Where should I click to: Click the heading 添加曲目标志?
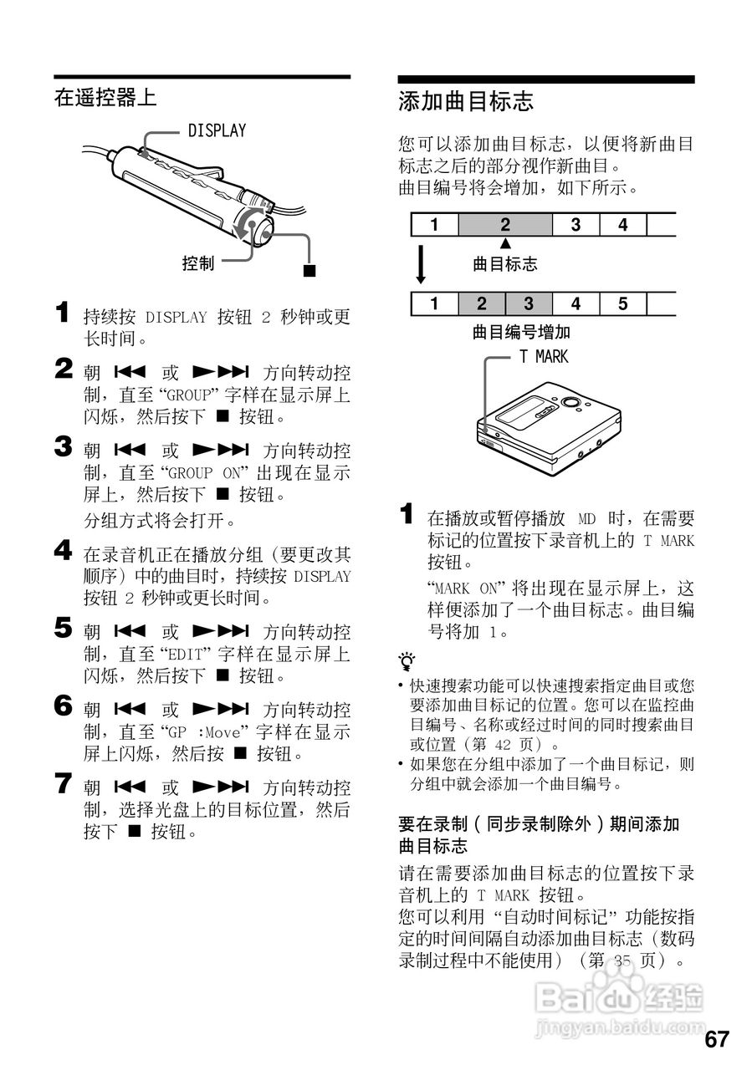[x=466, y=103]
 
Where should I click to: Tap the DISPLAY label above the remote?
[x=217, y=130]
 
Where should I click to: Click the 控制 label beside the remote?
[x=198, y=263]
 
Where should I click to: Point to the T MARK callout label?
[x=543, y=357]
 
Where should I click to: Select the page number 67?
[x=716, y=1039]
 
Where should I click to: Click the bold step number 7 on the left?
[x=64, y=784]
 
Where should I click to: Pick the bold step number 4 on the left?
[x=64, y=550]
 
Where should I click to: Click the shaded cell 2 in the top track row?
[x=505, y=225]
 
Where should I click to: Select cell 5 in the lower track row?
[x=622, y=303]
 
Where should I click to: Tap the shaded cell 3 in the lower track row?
[x=529, y=303]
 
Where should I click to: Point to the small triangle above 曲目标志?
[x=505, y=243]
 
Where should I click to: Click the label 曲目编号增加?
[x=521, y=332]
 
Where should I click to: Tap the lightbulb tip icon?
[x=407, y=663]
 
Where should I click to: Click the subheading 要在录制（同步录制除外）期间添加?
[x=539, y=824]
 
